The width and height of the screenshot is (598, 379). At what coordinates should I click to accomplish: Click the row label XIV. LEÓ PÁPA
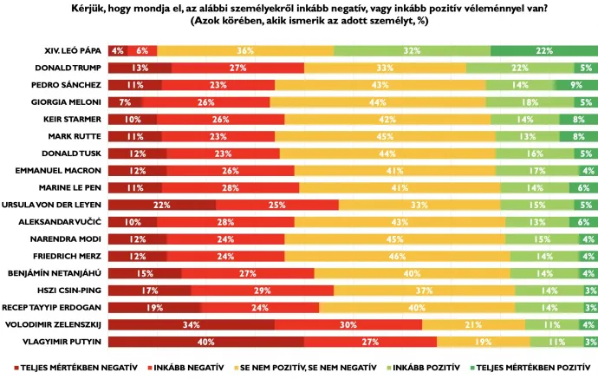pos(73,51)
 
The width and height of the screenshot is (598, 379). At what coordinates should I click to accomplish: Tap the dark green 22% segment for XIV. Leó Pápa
pos(543,51)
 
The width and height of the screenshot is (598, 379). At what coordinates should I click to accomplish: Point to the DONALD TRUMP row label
pos(69,68)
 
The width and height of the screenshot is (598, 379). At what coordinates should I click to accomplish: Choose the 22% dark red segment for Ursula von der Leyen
pos(161,205)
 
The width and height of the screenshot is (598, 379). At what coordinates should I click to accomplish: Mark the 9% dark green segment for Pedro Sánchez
pos(575,85)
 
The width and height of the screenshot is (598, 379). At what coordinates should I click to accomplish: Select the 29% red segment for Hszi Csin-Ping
pos(262,291)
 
